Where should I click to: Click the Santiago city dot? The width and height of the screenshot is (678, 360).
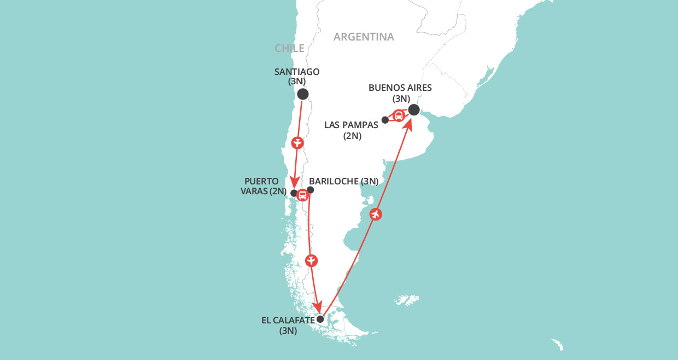click(302, 94)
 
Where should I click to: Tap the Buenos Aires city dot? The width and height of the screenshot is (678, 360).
click(414, 110)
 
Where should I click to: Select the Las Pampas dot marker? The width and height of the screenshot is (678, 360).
click(385, 119)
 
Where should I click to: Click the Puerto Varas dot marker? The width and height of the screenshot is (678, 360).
click(294, 193)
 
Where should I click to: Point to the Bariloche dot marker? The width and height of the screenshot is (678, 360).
click(310, 190)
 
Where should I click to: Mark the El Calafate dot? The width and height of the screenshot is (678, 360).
click(320, 319)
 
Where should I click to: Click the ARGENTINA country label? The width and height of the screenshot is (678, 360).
click(364, 37)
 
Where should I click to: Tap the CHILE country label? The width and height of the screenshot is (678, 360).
click(289, 49)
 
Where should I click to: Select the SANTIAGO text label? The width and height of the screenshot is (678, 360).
click(297, 72)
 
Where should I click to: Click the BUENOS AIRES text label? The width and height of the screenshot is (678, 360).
click(401, 88)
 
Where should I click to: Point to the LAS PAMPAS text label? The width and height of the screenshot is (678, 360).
click(351, 125)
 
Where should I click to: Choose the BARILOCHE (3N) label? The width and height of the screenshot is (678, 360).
click(343, 181)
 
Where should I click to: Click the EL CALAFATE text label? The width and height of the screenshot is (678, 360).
click(288, 321)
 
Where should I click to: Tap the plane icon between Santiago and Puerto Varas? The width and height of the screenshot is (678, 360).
click(297, 144)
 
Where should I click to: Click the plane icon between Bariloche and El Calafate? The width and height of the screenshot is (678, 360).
click(311, 260)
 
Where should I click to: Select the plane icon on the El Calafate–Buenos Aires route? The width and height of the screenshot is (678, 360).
click(375, 214)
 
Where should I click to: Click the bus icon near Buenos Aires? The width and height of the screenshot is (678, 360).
click(399, 115)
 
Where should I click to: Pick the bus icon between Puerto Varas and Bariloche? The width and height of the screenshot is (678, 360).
click(302, 195)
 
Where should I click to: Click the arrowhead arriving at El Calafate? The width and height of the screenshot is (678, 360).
click(317, 307)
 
